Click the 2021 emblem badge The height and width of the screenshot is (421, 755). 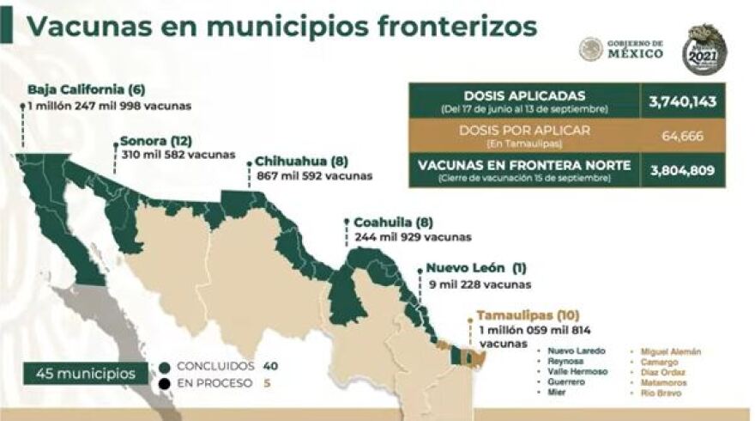click(x=704, y=49)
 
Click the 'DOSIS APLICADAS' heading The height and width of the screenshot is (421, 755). click(x=524, y=95)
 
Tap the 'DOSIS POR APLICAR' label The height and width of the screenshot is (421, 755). click(x=524, y=130)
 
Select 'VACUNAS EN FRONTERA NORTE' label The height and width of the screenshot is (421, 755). click(x=524, y=164)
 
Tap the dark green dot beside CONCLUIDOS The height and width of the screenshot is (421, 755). click(x=165, y=365)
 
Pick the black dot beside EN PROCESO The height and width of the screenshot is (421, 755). click(x=165, y=382)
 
